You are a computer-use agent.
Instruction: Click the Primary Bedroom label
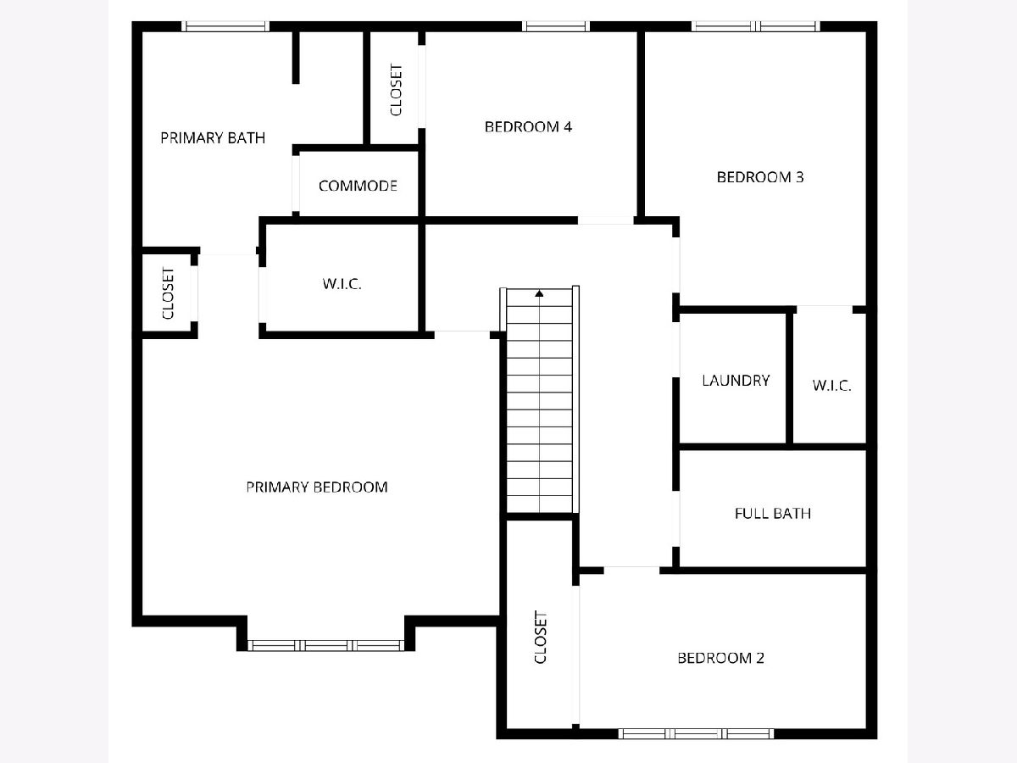point(316,487)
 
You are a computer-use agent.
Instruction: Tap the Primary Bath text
point(213,137)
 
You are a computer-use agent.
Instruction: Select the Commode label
point(358,186)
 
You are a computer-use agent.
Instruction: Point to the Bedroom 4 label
point(528,126)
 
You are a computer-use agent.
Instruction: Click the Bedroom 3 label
point(760,176)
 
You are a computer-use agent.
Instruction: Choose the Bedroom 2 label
point(721,658)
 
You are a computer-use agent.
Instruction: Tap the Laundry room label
point(736,381)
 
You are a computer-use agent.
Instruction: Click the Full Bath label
point(773,513)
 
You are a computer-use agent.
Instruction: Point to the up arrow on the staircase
point(539,293)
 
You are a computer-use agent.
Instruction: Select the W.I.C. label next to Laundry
point(831,386)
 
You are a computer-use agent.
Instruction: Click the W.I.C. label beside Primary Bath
point(342,283)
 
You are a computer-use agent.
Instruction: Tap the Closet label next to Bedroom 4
point(396,90)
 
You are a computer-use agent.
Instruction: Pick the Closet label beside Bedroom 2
point(540,637)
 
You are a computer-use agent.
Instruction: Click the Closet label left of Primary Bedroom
point(168,293)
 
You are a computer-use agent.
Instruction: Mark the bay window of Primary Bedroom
point(325,645)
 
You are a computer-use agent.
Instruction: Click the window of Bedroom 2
point(696,733)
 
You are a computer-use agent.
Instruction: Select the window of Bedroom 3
point(756,26)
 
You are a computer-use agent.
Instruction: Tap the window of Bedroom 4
point(556,26)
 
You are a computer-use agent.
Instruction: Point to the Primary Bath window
point(225,26)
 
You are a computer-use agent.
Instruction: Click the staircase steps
point(539,400)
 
